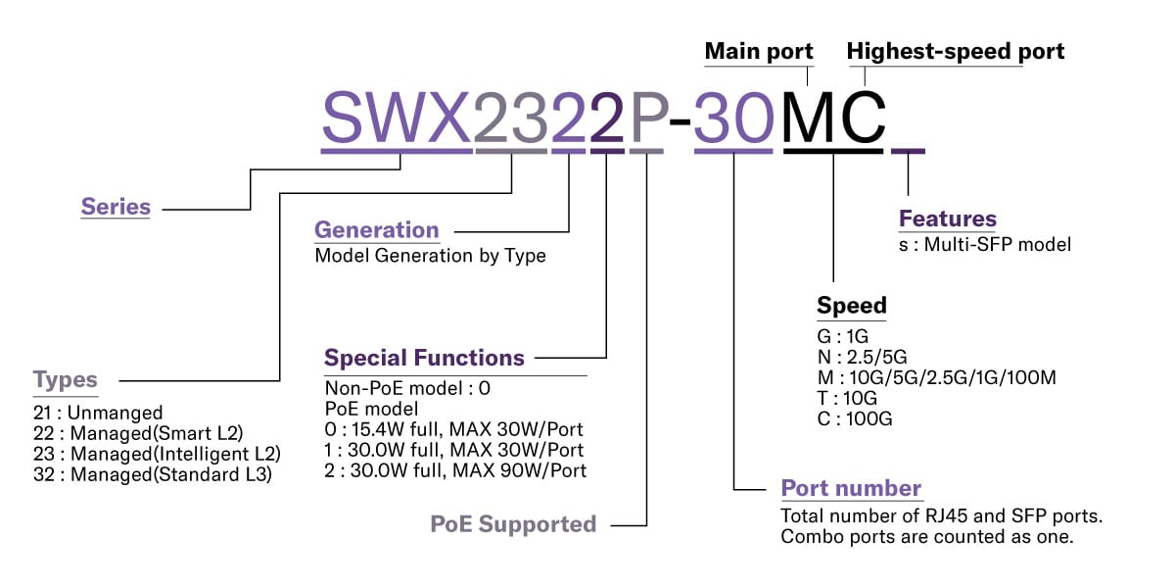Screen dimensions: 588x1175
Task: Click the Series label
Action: point(116,207)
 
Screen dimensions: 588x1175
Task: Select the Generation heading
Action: point(376,230)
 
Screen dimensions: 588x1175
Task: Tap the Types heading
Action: point(66,380)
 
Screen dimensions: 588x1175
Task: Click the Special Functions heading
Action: point(424,358)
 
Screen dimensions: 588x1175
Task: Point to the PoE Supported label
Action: point(513,524)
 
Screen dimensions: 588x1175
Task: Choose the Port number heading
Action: point(851,488)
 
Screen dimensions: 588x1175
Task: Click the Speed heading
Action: point(851,305)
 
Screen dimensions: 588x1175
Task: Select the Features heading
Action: point(947,219)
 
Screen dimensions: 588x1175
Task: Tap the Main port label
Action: point(759,51)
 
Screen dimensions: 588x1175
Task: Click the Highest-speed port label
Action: point(956,51)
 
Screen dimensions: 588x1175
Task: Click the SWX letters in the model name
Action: point(397,120)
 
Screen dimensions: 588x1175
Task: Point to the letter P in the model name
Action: point(646,120)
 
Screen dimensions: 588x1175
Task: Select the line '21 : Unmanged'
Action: point(98,413)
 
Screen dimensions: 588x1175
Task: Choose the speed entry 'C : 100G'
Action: point(855,418)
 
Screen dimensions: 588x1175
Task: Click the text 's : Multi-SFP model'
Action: point(985,244)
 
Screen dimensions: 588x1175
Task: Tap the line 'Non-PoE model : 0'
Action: point(407,387)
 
